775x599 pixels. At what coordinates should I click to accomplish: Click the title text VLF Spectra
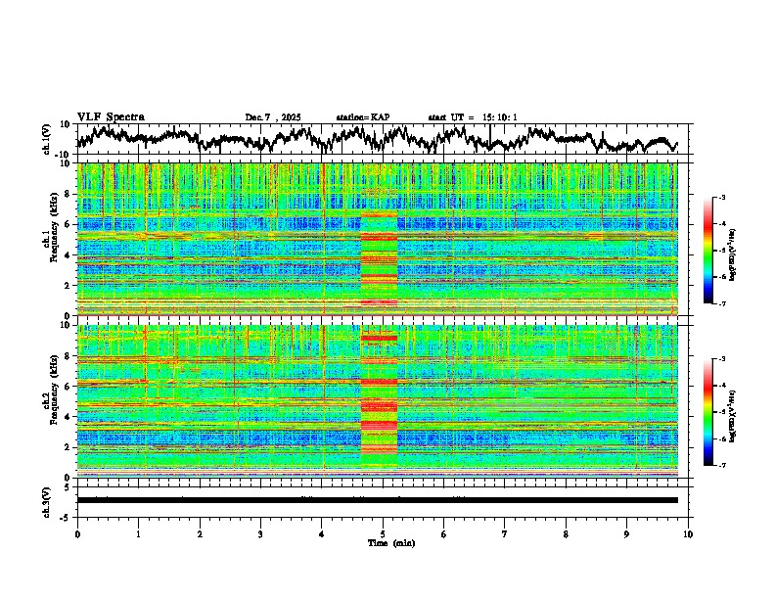111,116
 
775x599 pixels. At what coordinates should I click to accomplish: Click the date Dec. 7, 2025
273,117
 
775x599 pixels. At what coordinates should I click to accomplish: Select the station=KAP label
363,117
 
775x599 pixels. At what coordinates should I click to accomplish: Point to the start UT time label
473,117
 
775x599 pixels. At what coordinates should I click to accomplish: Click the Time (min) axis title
388,542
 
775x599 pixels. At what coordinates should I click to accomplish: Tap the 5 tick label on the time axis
383,533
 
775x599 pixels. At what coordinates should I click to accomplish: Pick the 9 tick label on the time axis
627,533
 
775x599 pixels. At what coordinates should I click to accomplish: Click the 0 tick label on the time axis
77,533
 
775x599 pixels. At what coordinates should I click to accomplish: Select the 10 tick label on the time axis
688,533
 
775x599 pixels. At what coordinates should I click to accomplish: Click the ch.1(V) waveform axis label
47,139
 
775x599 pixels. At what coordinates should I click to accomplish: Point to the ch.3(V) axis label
47,499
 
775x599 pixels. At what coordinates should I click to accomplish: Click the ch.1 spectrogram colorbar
716,251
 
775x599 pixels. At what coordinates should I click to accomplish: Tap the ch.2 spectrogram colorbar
716,412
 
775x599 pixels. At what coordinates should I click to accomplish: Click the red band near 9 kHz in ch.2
379,338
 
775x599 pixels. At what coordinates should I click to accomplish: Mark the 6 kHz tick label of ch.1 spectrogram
68,224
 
